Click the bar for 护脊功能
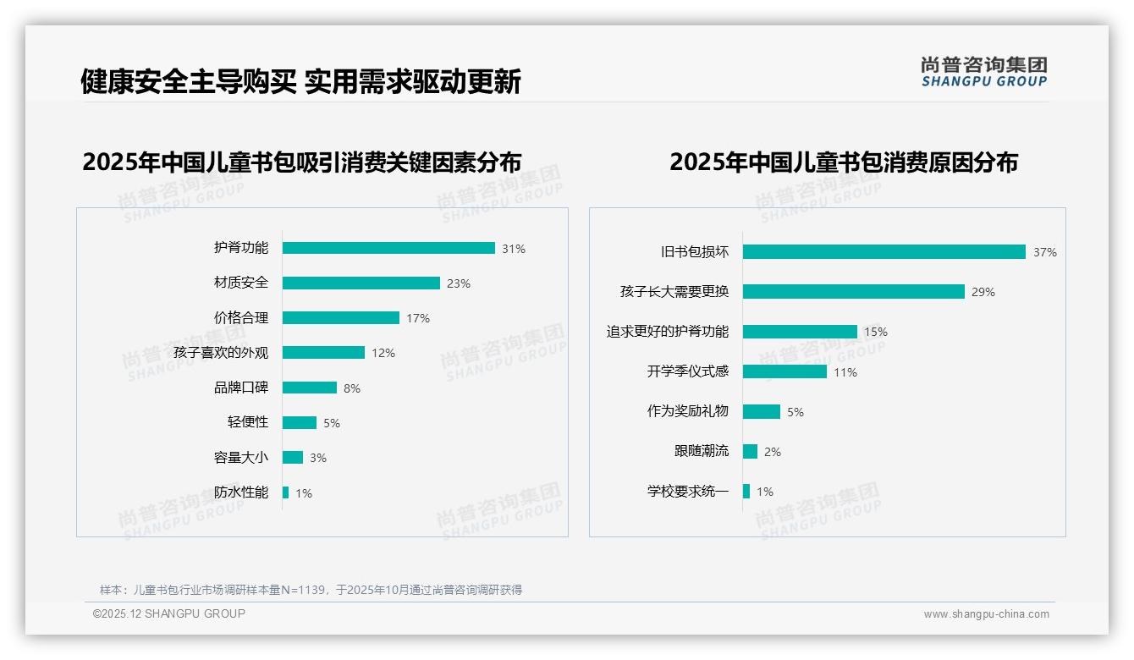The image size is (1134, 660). tap(388, 248)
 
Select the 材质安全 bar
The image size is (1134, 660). tap(361, 283)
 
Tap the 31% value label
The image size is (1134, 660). tap(514, 249)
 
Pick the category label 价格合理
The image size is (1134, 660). tap(241, 318)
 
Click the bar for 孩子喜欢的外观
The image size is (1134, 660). tap(323, 353)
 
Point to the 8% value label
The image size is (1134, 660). tap(352, 388)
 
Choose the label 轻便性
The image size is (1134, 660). tap(248, 422)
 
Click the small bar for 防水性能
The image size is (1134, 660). tap(286, 492)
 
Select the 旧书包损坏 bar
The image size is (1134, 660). tap(884, 251)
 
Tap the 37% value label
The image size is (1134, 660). tap(1045, 252)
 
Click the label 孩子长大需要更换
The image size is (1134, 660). tap(674, 292)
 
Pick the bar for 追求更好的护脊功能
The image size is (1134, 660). tap(800, 332)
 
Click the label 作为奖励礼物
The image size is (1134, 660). tap(688, 411)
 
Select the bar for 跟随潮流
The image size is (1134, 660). tap(750, 451)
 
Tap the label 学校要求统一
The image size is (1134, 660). tap(688, 491)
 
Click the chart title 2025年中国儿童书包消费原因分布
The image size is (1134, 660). tap(844, 162)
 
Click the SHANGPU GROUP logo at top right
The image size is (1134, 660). tap(984, 72)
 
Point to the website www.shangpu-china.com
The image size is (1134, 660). tap(986, 614)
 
